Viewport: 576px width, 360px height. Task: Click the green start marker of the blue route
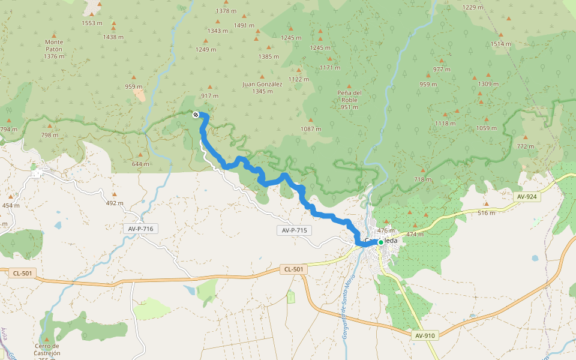coord(380,242)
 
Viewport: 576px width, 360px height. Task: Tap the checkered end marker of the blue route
coord(196,115)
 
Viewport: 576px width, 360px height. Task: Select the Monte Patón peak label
coord(54,49)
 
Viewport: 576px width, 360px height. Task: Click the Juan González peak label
coord(262,88)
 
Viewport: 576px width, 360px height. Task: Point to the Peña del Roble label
coord(349,100)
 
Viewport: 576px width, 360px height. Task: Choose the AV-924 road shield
coord(528,196)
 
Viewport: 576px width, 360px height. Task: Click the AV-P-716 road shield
coord(141,229)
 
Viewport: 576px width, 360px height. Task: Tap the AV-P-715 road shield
coord(294,230)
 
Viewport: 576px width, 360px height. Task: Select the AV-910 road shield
coord(425,335)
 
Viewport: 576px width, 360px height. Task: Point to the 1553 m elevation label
coord(92,23)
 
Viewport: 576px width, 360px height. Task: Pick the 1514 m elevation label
coord(500,44)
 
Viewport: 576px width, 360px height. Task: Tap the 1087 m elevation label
coord(311,129)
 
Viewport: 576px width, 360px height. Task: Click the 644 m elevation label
coord(140,164)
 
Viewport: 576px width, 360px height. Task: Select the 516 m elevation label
coord(486,212)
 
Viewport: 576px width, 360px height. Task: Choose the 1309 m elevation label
coord(488,84)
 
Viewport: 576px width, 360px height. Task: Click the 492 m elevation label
coord(114,203)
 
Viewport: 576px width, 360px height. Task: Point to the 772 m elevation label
coord(524,146)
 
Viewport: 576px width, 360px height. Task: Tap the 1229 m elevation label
coord(473,7)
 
